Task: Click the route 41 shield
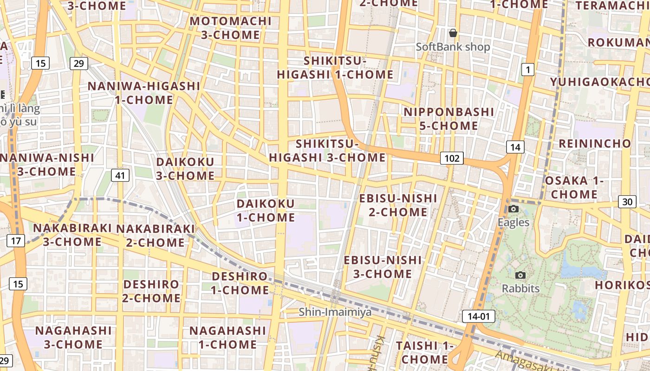(x=120, y=175)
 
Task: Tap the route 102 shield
(x=452, y=159)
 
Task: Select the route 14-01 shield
(x=479, y=317)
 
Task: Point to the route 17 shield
(x=16, y=241)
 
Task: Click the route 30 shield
(x=627, y=202)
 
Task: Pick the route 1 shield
(x=527, y=70)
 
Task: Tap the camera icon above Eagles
(x=513, y=209)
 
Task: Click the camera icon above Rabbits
(x=520, y=275)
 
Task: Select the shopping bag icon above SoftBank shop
(x=453, y=33)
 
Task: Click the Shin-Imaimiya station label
(x=335, y=312)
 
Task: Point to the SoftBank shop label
(x=453, y=47)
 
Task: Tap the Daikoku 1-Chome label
(x=266, y=211)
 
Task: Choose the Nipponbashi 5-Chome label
(x=449, y=119)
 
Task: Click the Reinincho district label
(x=595, y=143)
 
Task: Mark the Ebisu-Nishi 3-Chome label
(x=383, y=267)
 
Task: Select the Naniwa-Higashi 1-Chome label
(x=144, y=93)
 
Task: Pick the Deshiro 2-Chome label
(x=151, y=291)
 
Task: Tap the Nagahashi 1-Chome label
(x=227, y=337)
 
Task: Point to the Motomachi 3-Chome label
(x=231, y=28)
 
